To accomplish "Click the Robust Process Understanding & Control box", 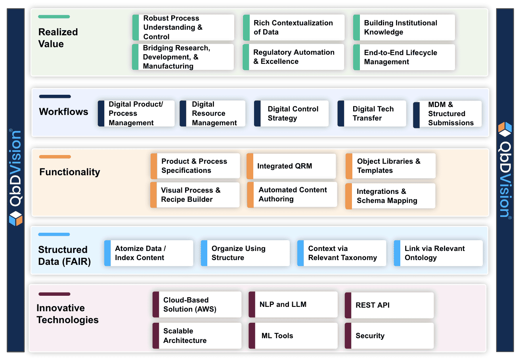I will [x=183, y=27].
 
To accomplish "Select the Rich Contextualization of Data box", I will [x=293, y=27].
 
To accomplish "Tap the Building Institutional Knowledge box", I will [x=404, y=27].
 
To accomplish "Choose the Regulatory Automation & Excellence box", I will [x=293, y=57].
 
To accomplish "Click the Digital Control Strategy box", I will [x=291, y=113].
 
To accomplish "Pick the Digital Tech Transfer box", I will [x=372, y=113].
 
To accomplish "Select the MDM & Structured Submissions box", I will [x=447, y=114].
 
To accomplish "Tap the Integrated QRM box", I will [x=291, y=166].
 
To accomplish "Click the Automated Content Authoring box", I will [x=292, y=195].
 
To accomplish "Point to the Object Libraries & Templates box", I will [x=390, y=166].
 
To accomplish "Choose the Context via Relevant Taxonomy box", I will [x=342, y=253].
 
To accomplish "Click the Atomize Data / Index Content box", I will [x=149, y=253].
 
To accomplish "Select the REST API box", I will [x=389, y=305].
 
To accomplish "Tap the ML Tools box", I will [x=293, y=336].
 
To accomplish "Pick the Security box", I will [x=389, y=336].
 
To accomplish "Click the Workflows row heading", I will [x=63, y=112].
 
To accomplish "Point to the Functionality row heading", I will [x=70, y=172].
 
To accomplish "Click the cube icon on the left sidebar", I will [x=15, y=218].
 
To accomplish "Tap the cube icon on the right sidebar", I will [x=505, y=129].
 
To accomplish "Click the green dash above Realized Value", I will [x=54, y=17].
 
